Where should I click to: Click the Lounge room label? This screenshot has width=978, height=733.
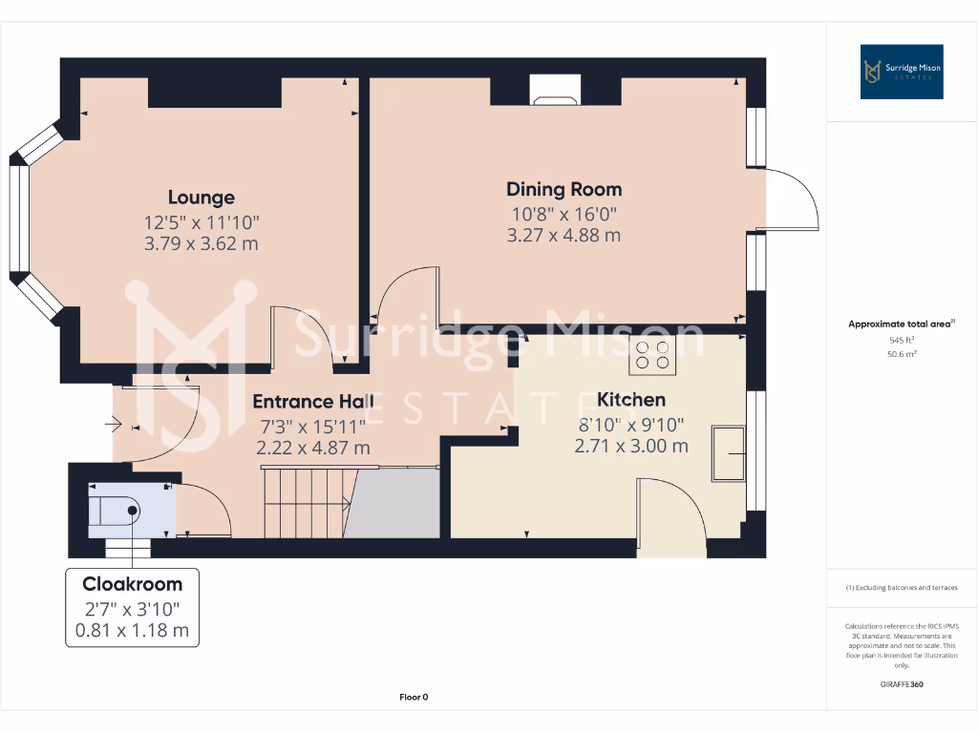(x=201, y=198)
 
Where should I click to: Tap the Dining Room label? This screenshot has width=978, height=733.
(x=563, y=189)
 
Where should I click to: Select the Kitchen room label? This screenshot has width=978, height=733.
(x=630, y=399)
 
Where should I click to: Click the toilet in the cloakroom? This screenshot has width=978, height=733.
(x=116, y=511)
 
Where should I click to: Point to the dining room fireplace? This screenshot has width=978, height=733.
(x=555, y=91)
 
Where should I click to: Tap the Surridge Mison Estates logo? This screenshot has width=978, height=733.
(x=902, y=72)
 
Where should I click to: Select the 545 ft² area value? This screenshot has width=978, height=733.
(x=902, y=340)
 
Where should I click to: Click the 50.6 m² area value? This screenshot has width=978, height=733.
(x=902, y=353)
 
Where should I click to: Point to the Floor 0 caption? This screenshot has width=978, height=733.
(x=413, y=698)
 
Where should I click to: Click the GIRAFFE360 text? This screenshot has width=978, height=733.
(x=902, y=684)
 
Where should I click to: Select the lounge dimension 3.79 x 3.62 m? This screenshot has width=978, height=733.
(x=201, y=243)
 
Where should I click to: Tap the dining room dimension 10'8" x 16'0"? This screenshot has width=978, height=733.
(x=563, y=214)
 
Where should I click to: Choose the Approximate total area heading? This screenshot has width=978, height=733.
(x=900, y=325)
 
